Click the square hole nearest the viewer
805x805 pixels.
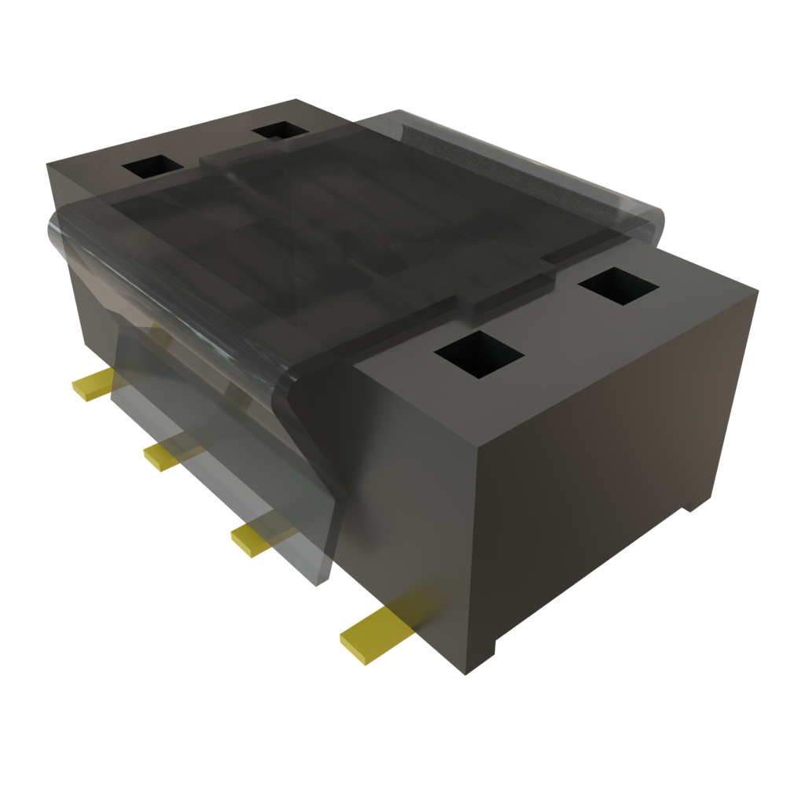click(x=479, y=354)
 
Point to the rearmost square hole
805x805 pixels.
click(x=281, y=130)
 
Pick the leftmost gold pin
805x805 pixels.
click(x=93, y=386)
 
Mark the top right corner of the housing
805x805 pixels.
click(x=756, y=291)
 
